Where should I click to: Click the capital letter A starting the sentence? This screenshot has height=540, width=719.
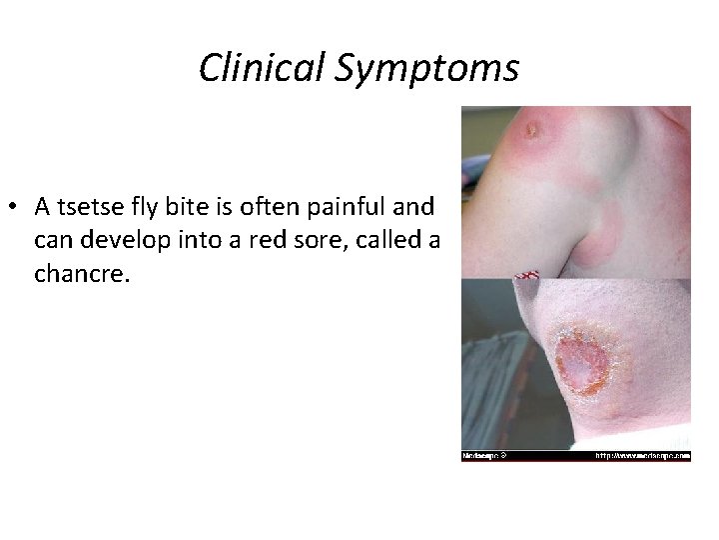click(x=42, y=207)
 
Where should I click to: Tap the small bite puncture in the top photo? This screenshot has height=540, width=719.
click(x=532, y=128)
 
